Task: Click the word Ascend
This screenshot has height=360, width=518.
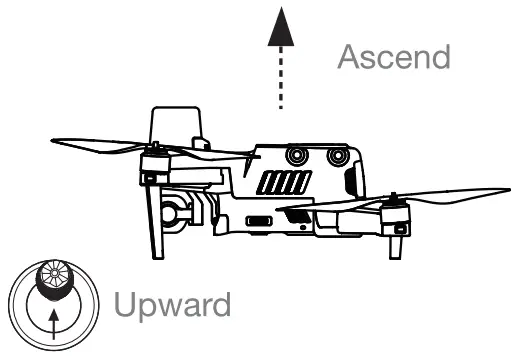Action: pyautogui.click(x=393, y=57)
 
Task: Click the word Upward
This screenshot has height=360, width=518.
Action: pyautogui.click(x=174, y=304)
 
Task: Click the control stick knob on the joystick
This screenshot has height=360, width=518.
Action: pyautogui.click(x=52, y=283)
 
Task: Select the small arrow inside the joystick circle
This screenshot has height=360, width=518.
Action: pyautogui.click(x=53, y=319)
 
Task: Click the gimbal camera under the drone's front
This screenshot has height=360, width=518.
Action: pyautogui.click(x=173, y=212)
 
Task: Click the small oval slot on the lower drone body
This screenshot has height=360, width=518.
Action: pyautogui.click(x=258, y=220)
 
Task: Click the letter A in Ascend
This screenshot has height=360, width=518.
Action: pyautogui.click(x=349, y=57)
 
